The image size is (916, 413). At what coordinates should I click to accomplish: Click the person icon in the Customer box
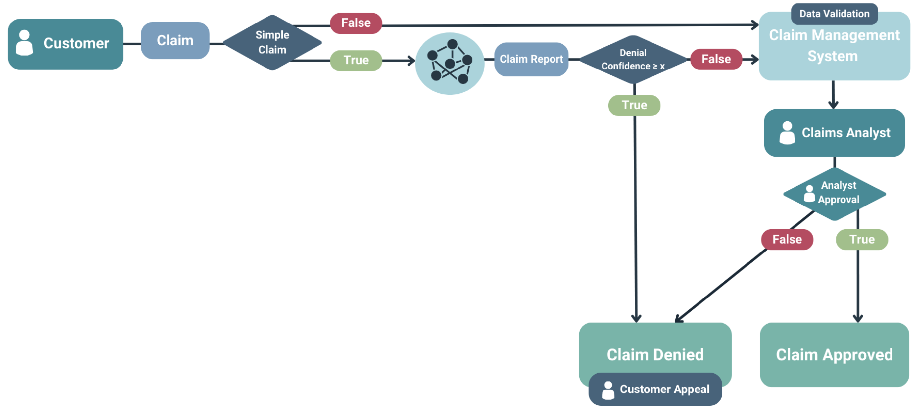24,43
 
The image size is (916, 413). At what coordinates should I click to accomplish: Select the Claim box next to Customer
175,40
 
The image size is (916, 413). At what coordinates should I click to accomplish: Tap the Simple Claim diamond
272,43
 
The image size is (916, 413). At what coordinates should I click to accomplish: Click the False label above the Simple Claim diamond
356,23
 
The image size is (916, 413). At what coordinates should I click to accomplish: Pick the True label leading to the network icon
356,61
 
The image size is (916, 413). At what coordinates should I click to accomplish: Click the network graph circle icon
450,64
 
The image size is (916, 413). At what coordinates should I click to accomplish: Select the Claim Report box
531,59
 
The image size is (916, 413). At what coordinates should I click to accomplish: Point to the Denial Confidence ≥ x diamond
633,59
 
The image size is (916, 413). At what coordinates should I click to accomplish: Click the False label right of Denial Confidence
716,59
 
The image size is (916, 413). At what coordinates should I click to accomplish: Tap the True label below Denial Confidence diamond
634,105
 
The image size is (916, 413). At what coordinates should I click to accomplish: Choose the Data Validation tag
834,14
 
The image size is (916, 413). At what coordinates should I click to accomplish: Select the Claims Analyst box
834,133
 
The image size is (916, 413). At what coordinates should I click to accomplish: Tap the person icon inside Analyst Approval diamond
809,194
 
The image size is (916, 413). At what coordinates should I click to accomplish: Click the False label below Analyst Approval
787,239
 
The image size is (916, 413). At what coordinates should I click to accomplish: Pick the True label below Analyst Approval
862,239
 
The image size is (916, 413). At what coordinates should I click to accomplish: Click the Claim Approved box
834,354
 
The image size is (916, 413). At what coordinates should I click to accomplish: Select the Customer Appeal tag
655,389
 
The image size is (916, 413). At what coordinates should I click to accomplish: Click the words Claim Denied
655,354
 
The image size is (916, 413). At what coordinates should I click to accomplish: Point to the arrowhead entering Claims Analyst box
833,105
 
